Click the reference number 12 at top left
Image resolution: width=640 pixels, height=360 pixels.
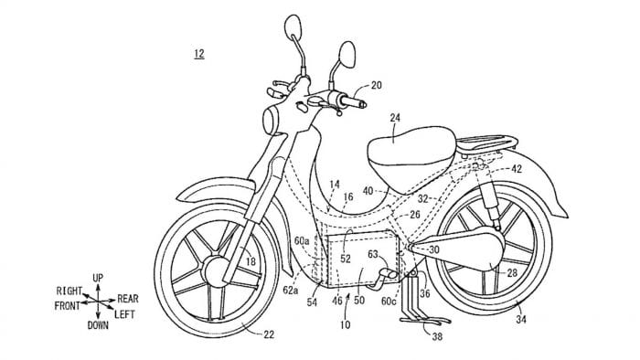[x=199, y=54]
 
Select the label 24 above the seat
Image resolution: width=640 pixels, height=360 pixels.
[x=395, y=118]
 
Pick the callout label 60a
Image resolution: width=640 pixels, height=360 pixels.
[x=303, y=240]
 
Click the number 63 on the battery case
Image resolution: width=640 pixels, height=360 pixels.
[x=373, y=255]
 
